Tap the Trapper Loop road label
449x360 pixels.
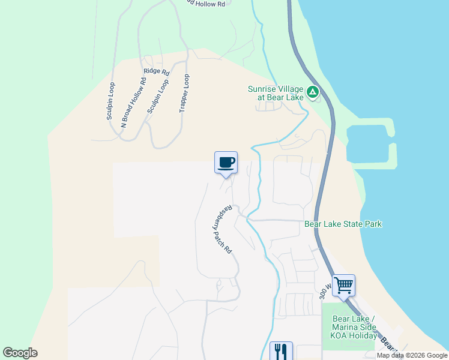pos(184,94)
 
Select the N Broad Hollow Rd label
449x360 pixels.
pos(133,103)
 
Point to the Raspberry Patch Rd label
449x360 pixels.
pos(220,229)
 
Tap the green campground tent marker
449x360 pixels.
pos(312,92)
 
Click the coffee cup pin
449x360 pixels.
pos(226,162)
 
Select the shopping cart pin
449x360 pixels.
pos(343,285)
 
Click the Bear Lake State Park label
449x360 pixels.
pos(343,224)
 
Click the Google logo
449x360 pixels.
pos(20,353)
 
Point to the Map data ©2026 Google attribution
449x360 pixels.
pos(412,355)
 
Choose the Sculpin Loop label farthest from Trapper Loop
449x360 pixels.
pos(110,101)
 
